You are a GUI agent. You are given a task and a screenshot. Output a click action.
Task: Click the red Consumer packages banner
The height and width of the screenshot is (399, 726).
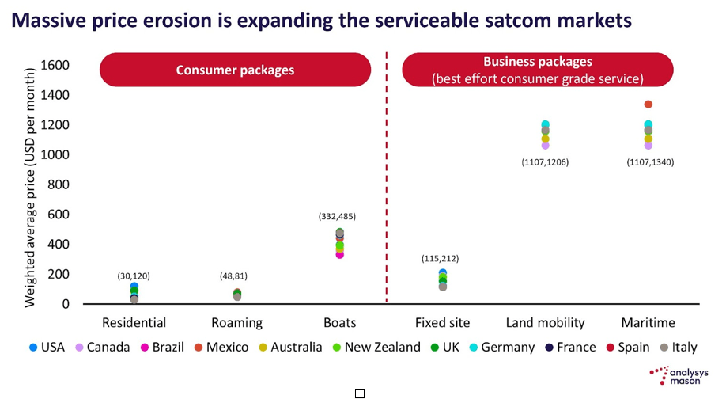(235, 70)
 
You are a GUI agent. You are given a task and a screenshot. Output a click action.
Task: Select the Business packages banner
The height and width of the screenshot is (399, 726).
(537, 70)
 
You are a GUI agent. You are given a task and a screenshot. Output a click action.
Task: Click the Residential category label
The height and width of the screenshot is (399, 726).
(134, 323)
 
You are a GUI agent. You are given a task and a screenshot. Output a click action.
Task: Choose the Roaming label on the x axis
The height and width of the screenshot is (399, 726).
(236, 323)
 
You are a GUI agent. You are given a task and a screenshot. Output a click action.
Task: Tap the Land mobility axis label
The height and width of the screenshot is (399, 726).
(545, 323)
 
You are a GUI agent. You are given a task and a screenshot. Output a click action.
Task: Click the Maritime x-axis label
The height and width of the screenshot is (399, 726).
(648, 323)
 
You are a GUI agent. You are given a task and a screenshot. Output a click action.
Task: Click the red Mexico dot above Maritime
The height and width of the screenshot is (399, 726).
(648, 104)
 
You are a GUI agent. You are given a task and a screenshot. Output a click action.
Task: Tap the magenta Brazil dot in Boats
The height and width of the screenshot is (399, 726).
(340, 255)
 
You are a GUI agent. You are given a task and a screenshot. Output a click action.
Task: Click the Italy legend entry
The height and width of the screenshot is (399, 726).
(679, 347)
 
